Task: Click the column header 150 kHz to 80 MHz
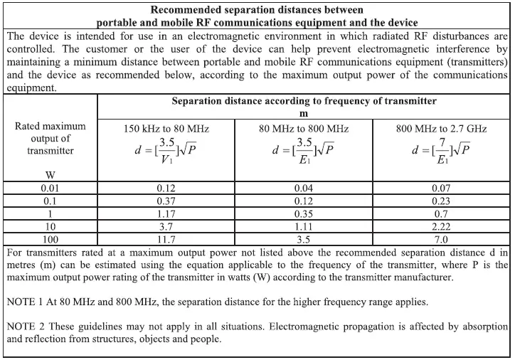[x=166, y=129]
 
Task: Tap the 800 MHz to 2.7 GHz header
[x=441, y=129]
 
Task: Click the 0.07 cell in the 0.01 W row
[x=441, y=189]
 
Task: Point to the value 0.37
[x=166, y=201]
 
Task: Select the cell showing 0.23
[x=441, y=201]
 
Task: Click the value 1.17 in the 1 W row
[x=166, y=214]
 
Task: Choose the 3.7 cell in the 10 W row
[x=166, y=227]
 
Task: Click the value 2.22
[x=441, y=227]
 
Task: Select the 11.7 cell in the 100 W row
[x=166, y=240]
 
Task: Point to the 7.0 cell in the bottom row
[x=441, y=240]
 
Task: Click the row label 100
[x=51, y=240]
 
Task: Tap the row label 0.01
[x=51, y=189]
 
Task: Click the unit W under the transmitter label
[x=51, y=174]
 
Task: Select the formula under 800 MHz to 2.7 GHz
[x=441, y=152]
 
